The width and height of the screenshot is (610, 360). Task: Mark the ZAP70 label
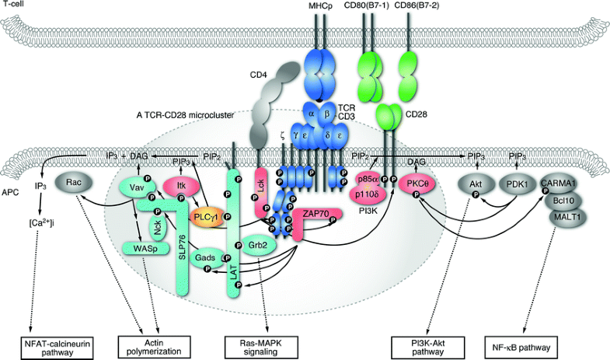[311, 211]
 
